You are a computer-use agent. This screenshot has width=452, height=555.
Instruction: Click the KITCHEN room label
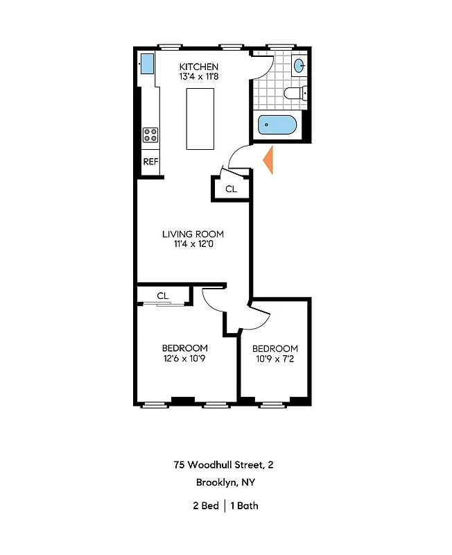pyautogui.click(x=198, y=67)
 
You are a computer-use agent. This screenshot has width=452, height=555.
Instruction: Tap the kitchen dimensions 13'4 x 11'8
pyautogui.click(x=198, y=77)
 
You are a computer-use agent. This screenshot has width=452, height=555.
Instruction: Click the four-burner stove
pyautogui.click(x=150, y=135)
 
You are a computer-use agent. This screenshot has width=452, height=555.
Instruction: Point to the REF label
pyautogui.click(x=150, y=162)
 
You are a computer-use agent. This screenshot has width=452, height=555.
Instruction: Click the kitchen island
pyautogui.click(x=200, y=119)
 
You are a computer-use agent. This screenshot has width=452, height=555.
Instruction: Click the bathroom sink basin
pyautogui.click(x=299, y=67)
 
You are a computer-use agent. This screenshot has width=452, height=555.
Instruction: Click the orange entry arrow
pyautogui.click(x=270, y=160)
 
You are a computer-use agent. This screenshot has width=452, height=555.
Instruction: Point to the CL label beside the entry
pyautogui.click(x=231, y=189)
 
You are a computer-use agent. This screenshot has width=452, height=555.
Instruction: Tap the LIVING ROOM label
pyautogui.click(x=193, y=234)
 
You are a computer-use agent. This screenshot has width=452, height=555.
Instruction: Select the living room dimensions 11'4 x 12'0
pyautogui.click(x=193, y=244)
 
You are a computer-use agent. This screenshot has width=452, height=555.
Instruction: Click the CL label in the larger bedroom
pyautogui.click(x=163, y=296)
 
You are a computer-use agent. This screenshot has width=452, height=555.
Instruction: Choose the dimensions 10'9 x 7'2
pyautogui.click(x=275, y=359)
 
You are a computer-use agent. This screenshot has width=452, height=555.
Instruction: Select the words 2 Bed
pyautogui.click(x=205, y=506)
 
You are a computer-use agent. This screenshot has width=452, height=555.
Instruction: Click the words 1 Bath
pyautogui.click(x=245, y=506)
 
